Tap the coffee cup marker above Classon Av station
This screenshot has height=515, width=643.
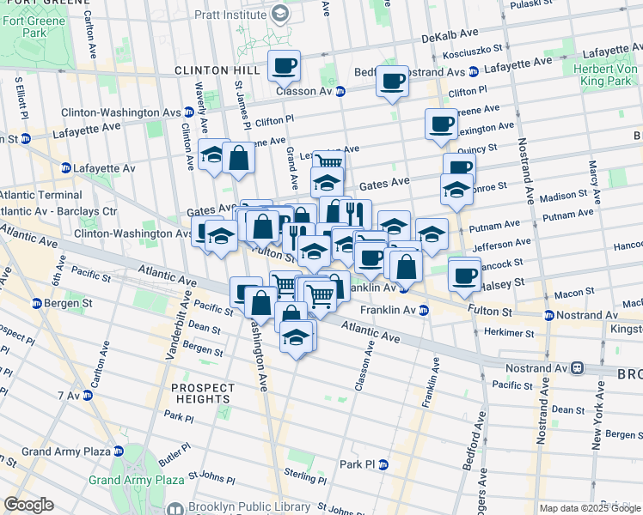click(x=284, y=65)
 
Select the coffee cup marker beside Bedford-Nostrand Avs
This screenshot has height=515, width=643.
click(x=392, y=81)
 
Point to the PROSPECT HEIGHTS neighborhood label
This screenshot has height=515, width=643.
click(x=201, y=393)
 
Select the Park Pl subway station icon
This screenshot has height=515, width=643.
click(x=383, y=464)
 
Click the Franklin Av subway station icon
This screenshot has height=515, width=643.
click(x=424, y=310)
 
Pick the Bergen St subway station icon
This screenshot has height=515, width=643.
click(x=36, y=303)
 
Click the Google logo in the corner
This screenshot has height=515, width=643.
click(x=28, y=504)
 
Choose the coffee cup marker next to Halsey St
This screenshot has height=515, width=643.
click(x=464, y=275)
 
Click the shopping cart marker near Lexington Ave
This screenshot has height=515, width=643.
click(x=328, y=161)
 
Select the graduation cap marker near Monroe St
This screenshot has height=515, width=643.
click(x=456, y=190)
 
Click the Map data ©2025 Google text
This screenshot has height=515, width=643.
click(x=589, y=508)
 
